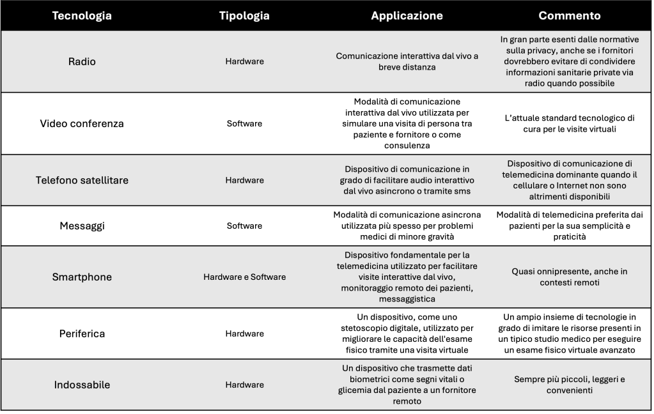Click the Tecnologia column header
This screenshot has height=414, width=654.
tap(82, 16)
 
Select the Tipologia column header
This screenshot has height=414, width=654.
tap(244, 16)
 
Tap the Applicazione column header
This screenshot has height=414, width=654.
tap(407, 16)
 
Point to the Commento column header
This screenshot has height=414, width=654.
tap(569, 16)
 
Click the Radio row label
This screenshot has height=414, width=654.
tap(82, 61)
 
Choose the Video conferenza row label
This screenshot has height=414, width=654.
tap(82, 123)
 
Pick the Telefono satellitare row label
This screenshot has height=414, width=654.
tap(82, 180)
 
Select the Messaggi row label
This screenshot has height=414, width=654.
tap(82, 226)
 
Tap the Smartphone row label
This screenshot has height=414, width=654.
tap(82, 277)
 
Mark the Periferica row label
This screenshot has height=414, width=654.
tap(82, 333)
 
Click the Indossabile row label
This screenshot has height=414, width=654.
tap(82, 385)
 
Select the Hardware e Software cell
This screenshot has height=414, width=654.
tap(244, 277)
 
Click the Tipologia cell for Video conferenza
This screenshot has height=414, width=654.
tap(244, 123)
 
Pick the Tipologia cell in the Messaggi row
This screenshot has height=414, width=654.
tap(244, 226)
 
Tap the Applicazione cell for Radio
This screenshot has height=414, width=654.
tap(407, 61)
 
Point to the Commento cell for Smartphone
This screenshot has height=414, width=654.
tap(569, 277)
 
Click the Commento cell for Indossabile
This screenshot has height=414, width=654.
tap(569, 385)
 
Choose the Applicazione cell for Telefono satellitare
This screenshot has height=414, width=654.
tap(407, 180)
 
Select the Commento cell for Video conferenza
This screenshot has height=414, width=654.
tap(569, 123)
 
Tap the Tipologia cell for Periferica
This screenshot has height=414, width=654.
tap(244, 333)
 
